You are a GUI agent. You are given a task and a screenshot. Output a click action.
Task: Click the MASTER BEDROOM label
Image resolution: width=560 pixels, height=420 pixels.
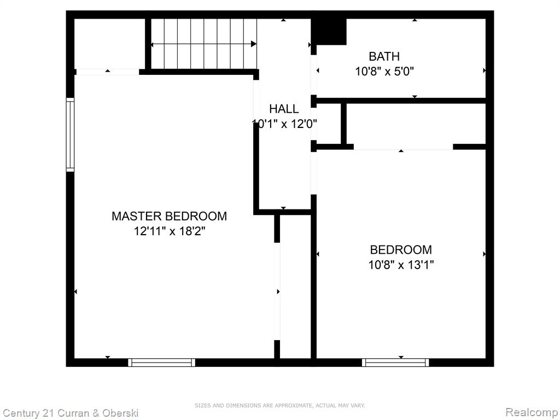170,216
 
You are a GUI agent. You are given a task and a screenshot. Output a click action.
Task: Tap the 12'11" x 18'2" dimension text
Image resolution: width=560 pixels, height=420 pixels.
170,231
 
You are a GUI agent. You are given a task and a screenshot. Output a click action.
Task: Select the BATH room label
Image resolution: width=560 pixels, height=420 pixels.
384,56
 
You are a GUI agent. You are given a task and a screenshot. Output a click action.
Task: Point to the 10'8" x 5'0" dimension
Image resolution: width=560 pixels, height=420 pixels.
384,72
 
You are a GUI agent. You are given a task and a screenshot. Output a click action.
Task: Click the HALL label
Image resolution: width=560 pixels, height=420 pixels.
284,109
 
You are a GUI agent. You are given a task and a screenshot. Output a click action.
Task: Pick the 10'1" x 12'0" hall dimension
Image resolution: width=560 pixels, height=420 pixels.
284,124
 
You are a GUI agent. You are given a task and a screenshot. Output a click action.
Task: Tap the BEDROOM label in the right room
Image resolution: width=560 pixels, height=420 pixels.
401,249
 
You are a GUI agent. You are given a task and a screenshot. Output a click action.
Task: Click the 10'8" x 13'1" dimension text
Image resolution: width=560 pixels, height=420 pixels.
401,265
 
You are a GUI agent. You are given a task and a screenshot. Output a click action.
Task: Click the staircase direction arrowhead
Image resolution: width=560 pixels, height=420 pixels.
254,44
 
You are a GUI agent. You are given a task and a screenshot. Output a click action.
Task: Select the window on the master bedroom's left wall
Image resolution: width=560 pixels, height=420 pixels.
70,135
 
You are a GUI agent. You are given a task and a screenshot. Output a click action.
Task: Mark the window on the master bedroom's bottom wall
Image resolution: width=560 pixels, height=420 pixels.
162,363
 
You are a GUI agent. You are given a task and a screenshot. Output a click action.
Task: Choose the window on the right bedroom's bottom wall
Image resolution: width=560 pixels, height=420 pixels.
395,363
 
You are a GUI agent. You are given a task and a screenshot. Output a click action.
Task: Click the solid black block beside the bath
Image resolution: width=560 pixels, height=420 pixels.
329,31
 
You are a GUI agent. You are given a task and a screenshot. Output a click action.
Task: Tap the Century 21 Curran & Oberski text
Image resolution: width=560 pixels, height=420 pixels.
71,413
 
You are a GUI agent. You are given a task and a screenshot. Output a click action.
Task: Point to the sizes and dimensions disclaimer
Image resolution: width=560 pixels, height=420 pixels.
280,405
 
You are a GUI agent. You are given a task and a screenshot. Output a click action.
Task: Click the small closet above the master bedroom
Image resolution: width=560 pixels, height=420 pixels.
109,44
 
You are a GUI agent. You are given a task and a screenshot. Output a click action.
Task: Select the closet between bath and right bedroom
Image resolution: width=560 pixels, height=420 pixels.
416,124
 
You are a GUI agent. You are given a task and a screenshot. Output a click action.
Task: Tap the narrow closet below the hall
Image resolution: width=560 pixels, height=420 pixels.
295,287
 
